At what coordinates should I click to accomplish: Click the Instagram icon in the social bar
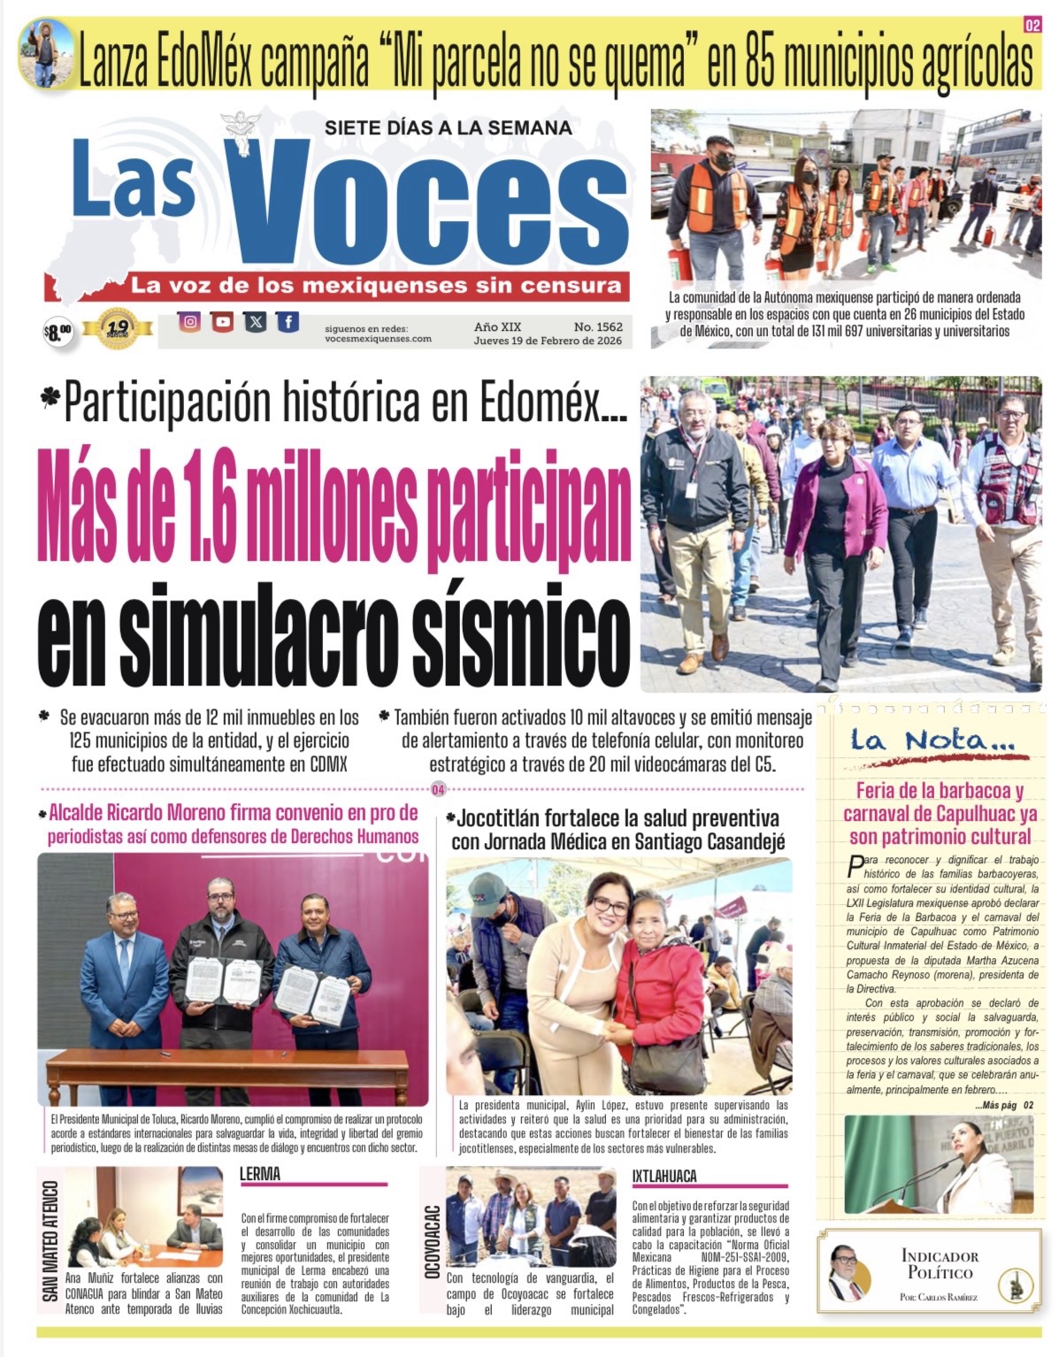point(189,321)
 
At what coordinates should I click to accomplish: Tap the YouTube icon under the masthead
point(222,321)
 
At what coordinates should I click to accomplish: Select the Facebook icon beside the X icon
point(288,321)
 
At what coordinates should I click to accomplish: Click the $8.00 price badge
point(58,333)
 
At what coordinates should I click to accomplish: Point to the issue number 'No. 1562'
point(597,326)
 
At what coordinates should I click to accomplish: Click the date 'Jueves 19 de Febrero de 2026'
point(547,341)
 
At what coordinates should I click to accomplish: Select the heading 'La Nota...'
point(932,740)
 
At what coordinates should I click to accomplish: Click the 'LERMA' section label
point(260,1174)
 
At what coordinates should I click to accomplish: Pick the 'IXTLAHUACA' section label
point(664,1176)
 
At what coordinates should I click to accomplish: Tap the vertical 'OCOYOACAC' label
point(433,1241)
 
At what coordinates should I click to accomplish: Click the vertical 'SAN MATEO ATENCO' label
point(50,1241)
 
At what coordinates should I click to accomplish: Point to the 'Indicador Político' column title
point(940,1264)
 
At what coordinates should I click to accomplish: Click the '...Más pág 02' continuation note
point(1003,1105)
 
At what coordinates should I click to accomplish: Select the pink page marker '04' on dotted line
point(438,789)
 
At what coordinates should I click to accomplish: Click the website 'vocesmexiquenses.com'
point(378,339)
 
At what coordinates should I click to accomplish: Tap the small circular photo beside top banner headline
point(45,52)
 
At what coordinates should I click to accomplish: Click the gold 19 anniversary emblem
point(117,327)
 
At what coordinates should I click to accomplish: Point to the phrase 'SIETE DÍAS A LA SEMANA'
point(448,127)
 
